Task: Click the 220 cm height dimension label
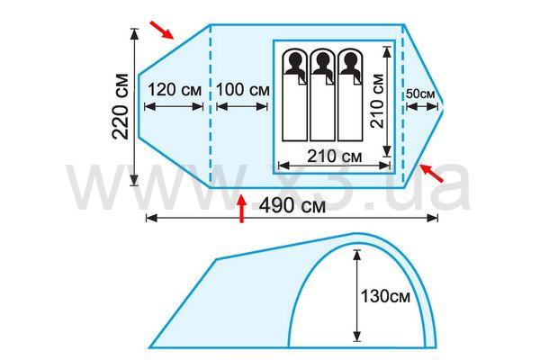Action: [x=121, y=107]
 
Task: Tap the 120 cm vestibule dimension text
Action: [x=175, y=90]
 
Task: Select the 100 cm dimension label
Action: [x=242, y=90]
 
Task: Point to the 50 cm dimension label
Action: [x=420, y=94]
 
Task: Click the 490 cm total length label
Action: [x=292, y=206]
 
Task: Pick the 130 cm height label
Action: [x=385, y=296]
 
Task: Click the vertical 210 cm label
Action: [x=377, y=101]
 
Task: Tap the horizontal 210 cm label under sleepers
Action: [x=335, y=157]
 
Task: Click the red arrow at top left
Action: [x=162, y=31]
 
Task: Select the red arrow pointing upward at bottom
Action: [x=242, y=209]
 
